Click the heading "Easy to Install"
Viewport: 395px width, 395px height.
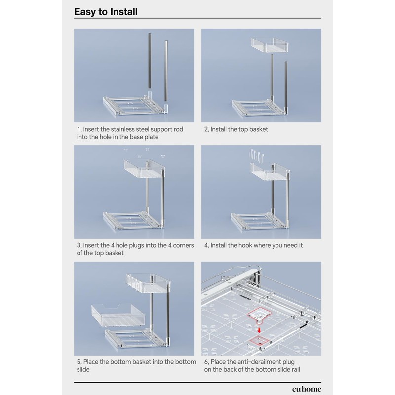[106, 11]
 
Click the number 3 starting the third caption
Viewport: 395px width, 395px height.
[78, 245]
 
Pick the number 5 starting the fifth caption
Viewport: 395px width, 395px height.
[78, 362]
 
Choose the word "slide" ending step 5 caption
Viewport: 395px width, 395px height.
[83, 369]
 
